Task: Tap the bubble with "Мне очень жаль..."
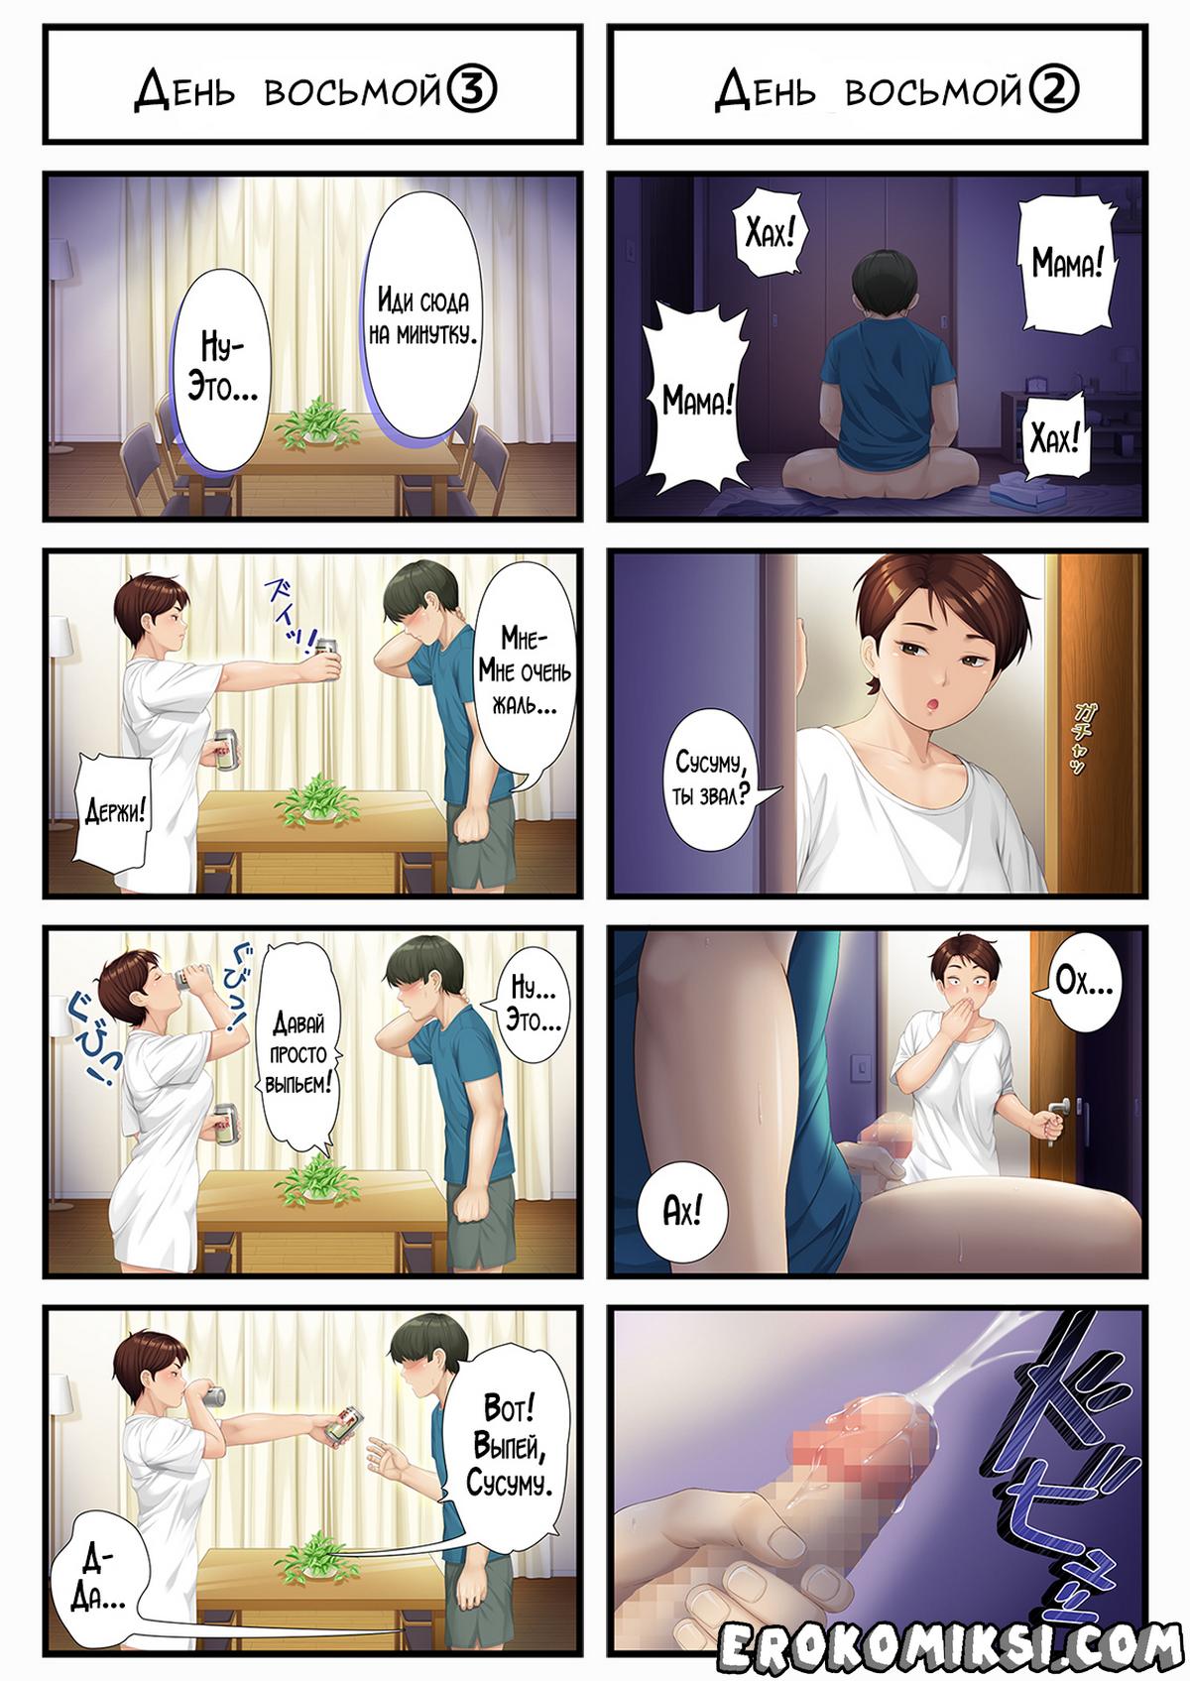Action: [525, 672]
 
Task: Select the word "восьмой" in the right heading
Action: [932, 91]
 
